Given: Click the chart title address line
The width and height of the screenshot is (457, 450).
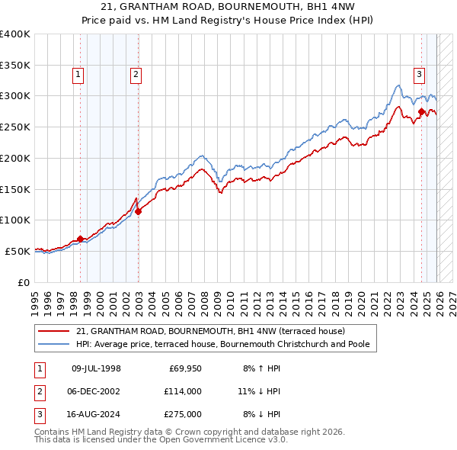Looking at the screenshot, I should [228, 7].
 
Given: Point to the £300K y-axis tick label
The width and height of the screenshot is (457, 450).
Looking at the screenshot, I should [15, 96].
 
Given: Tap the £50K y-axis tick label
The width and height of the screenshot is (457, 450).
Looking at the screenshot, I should [18, 251].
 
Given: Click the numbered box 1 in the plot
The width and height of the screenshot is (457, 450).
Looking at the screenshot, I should [79, 74].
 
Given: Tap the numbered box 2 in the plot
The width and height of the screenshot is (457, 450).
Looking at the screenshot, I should [135, 74].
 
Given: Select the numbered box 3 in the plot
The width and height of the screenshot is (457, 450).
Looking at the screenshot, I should [420, 74].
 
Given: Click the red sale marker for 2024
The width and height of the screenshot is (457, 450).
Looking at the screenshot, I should [421, 112].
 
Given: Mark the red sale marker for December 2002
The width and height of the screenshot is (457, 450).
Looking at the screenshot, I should [139, 211].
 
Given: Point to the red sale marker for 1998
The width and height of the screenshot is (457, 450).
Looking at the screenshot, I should [81, 239].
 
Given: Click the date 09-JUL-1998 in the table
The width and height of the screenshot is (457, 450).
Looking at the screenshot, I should [96, 368].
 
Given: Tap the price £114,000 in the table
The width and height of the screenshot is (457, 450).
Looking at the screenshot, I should [182, 391].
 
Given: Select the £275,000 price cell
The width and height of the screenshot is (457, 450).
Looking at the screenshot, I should [182, 414].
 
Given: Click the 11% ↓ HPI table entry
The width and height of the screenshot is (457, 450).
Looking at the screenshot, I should [260, 391].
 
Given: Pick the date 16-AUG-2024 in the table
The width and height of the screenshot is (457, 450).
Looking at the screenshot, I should [96, 414].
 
